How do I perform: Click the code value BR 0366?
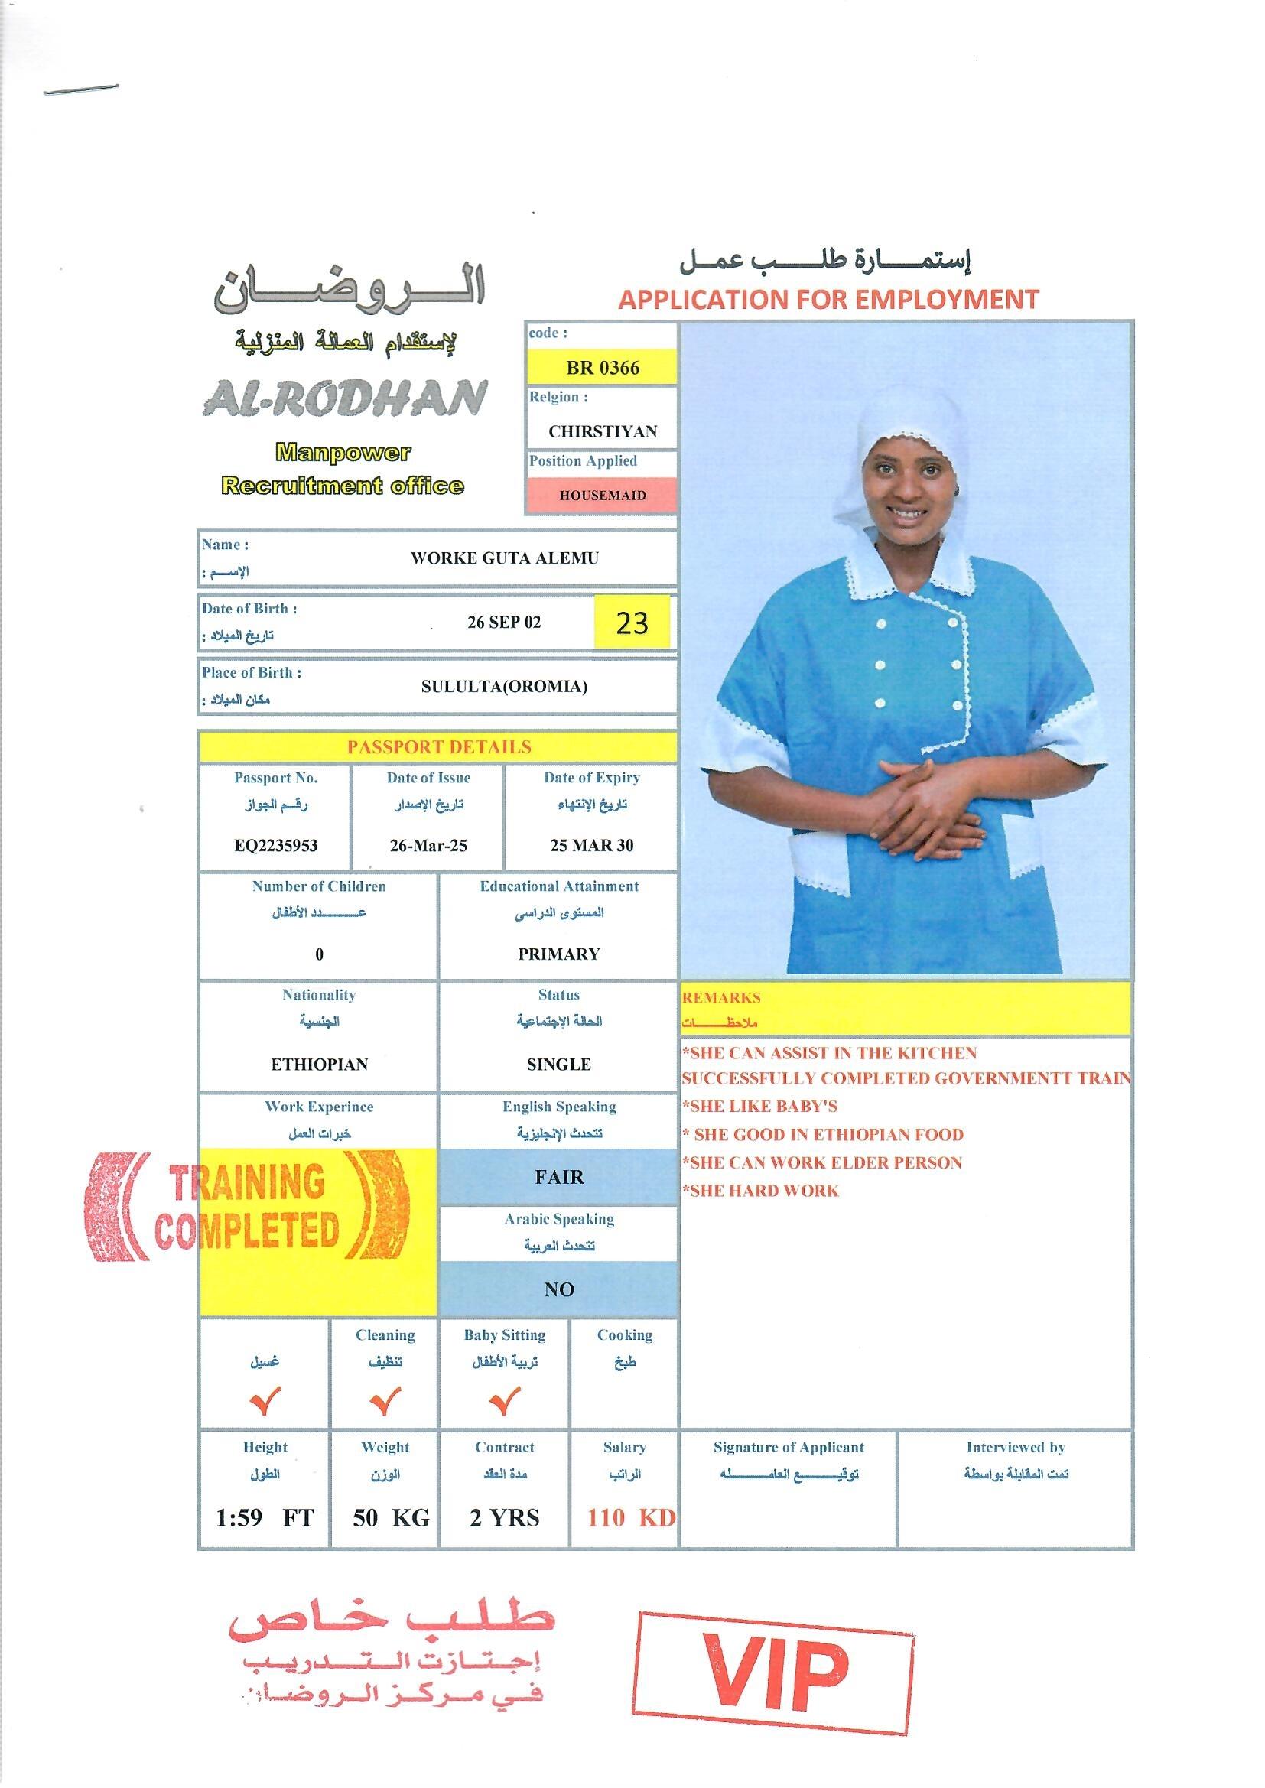click(602, 368)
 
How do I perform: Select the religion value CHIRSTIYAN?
click(602, 431)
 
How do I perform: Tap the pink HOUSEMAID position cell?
click(602, 496)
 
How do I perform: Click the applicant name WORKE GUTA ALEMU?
click(504, 558)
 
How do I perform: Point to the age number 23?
click(632, 623)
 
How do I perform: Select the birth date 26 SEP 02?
click(503, 623)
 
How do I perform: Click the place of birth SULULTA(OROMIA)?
click(504, 686)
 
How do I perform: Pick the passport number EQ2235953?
click(276, 846)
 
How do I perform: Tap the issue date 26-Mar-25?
click(428, 846)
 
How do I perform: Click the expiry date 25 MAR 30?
click(591, 846)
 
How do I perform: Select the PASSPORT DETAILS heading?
click(438, 747)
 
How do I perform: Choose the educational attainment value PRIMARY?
click(558, 954)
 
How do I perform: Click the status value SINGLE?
click(558, 1065)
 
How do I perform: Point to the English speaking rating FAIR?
click(558, 1177)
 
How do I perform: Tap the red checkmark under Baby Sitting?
click(504, 1402)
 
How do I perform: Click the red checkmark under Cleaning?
click(385, 1402)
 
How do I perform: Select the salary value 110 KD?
click(630, 1518)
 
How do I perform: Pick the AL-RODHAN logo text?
click(344, 398)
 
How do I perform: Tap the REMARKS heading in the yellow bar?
click(721, 997)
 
